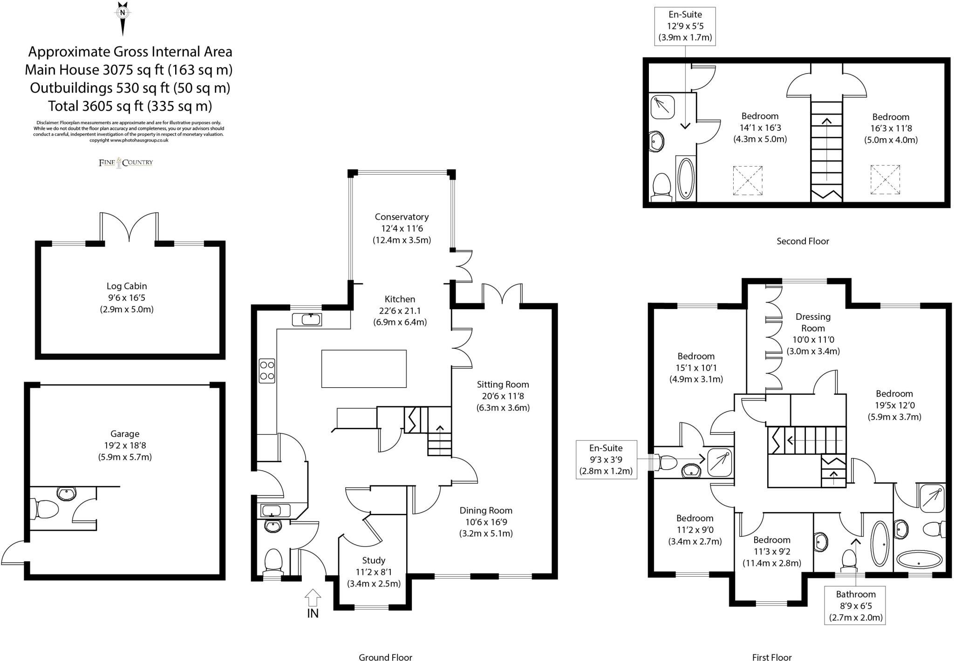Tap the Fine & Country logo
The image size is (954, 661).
click(126, 162)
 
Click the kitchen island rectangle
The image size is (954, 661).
click(364, 369)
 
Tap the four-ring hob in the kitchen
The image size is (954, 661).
click(267, 371)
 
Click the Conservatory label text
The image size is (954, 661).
click(402, 217)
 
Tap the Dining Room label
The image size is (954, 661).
click(486, 510)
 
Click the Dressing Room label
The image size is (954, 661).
click(813, 322)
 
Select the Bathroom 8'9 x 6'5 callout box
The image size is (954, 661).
click(855, 606)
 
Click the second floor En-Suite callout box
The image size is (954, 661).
click(685, 26)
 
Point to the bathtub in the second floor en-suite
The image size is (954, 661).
click(686, 179)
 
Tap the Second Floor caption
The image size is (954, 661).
click(803, 241)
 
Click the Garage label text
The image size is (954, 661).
click(124, 434)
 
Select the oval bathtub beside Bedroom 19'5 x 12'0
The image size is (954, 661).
click(920, 560)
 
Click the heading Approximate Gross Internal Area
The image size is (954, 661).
click(130, 52)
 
